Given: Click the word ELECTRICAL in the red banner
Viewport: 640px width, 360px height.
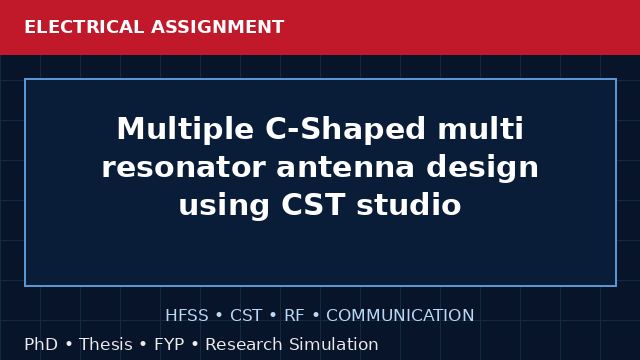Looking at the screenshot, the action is (84, 27).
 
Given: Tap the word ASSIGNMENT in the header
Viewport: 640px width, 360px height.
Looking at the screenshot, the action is (218, 27).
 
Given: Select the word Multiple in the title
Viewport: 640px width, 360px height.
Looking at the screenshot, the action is (185, 130).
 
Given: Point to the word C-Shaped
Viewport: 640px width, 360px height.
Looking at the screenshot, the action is (346, 129).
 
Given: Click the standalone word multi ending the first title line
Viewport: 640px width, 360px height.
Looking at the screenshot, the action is (480, 128).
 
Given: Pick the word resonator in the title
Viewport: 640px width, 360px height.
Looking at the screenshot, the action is (184, 167).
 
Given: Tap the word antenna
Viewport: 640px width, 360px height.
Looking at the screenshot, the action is (346, 167).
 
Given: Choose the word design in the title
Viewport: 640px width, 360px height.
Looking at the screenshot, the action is (482, 168).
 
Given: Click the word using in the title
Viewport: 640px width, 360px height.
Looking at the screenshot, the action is (224, 206).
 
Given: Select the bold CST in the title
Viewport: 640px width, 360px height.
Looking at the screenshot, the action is (313, 204).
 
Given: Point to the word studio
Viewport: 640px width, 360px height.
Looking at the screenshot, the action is (409, 204).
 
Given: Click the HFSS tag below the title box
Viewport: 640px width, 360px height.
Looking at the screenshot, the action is (187, 315).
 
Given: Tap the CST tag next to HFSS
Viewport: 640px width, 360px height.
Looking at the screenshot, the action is (246, 315).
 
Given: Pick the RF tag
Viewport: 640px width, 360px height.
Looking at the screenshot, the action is (294, 315).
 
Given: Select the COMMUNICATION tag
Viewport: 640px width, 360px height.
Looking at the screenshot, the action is (400, 315).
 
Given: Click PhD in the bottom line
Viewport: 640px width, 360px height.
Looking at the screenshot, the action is (41, 344).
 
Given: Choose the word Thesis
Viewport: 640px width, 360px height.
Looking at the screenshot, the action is (106, 344).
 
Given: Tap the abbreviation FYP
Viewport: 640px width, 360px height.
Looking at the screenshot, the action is (169, 344).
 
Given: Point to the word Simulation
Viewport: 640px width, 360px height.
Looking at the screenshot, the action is (334, 344).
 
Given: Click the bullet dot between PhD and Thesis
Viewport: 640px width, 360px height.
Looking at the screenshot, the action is (69, 344).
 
